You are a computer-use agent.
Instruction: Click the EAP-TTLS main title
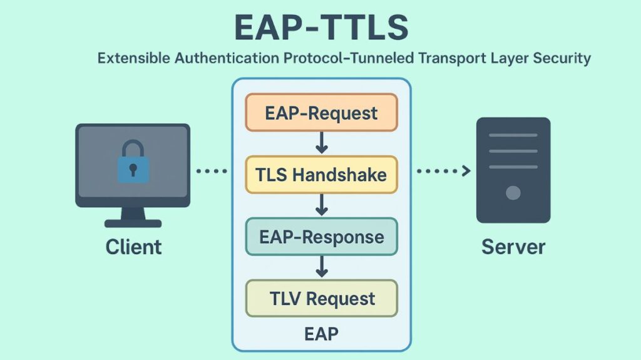pyautogui.click(x=321, y=28)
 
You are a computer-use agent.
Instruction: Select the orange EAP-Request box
pyautogui.click(x=321, y=113)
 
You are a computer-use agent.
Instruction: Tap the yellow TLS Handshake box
pyautogui.click(x=321, y=174)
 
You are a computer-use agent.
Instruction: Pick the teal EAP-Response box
pyautogui.click(x=321, y=237)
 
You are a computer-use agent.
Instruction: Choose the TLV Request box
pyautogui.click(x=321, y=299)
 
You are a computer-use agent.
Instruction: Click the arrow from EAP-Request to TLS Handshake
pyautogui.click(x=322, y=143)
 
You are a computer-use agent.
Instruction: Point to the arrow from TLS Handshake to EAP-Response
pyautogui.click(x=322, y=205)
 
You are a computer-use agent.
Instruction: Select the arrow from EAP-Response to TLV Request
pyautogui.click(x=322, y=267)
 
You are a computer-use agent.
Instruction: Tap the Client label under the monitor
pyautogui.click(x=133, y=247)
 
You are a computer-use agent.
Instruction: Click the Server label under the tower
pyautogui.click(x=513, y=247)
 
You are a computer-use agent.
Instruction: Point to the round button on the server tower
pyautogui.click(x=513, y=193)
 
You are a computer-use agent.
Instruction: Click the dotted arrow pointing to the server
pyautogui.click(x=443, y=171)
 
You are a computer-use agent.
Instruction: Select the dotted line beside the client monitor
pyautogui.click(x=212, y=171)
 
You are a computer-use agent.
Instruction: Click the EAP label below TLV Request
pyautogui.click(x=321, y=334)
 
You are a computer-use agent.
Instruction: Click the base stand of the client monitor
pyautogui.click(x=133, y=222)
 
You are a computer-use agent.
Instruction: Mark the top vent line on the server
pyautogui.click(x=513, y=135)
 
